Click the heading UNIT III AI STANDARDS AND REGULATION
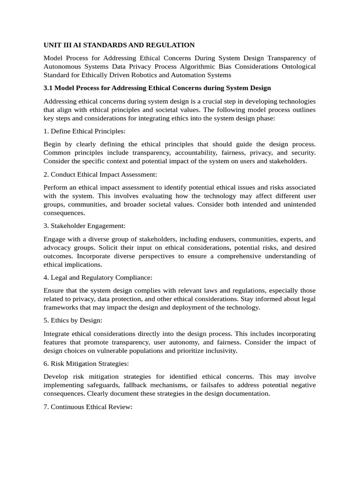119,45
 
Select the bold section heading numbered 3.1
157,88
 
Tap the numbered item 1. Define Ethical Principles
84,131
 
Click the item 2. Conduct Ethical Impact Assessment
100,174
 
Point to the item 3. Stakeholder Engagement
84,226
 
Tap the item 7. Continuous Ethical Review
88,407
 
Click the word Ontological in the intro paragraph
299,67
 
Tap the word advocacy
57,247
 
